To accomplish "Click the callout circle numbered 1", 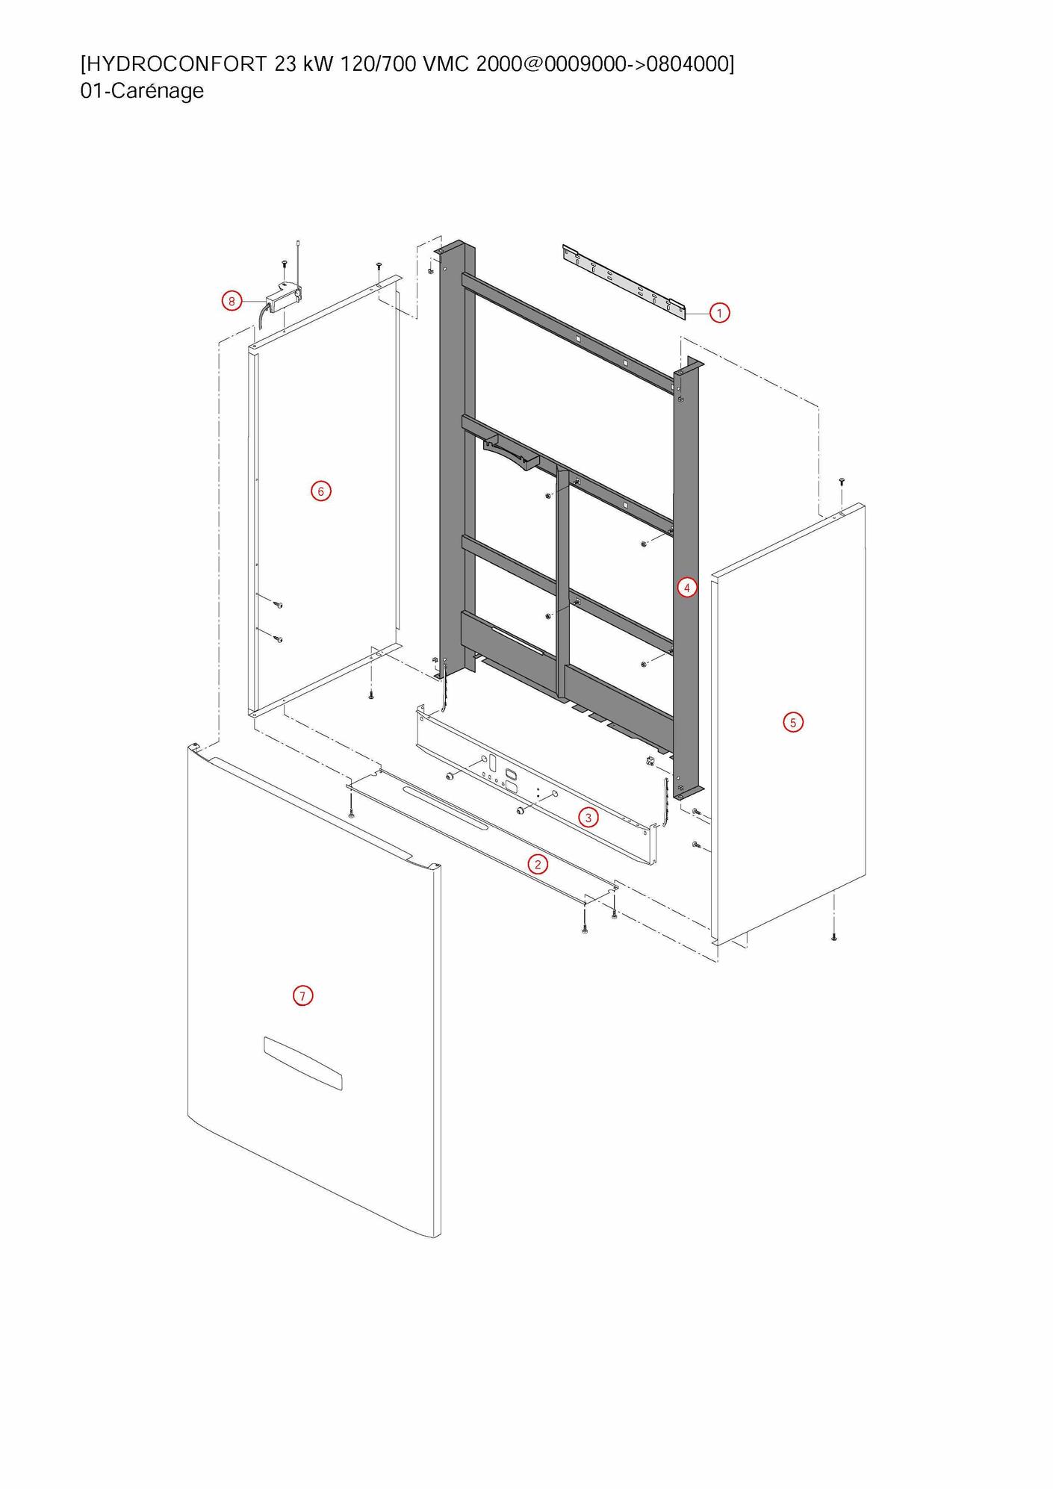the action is [x=719, y=313].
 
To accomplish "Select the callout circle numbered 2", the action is [x=537, y=865].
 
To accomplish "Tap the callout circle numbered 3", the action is [x=588, y=818].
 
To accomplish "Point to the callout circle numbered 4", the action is [x=687, y=588].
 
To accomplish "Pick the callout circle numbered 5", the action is [x=793, y=722].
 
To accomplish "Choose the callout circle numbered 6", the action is [x=320, y=491].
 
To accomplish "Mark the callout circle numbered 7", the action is [x=302, y=996].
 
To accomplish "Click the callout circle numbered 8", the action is [x=232, y=302].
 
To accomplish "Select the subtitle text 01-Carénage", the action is [x=142, y=91].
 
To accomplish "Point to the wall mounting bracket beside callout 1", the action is [x=624, y=281].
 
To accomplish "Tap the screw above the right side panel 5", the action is [x=842, y=482].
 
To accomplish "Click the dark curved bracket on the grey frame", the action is [x=512, y=453].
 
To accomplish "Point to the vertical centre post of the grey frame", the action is [x=563, y=582].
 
